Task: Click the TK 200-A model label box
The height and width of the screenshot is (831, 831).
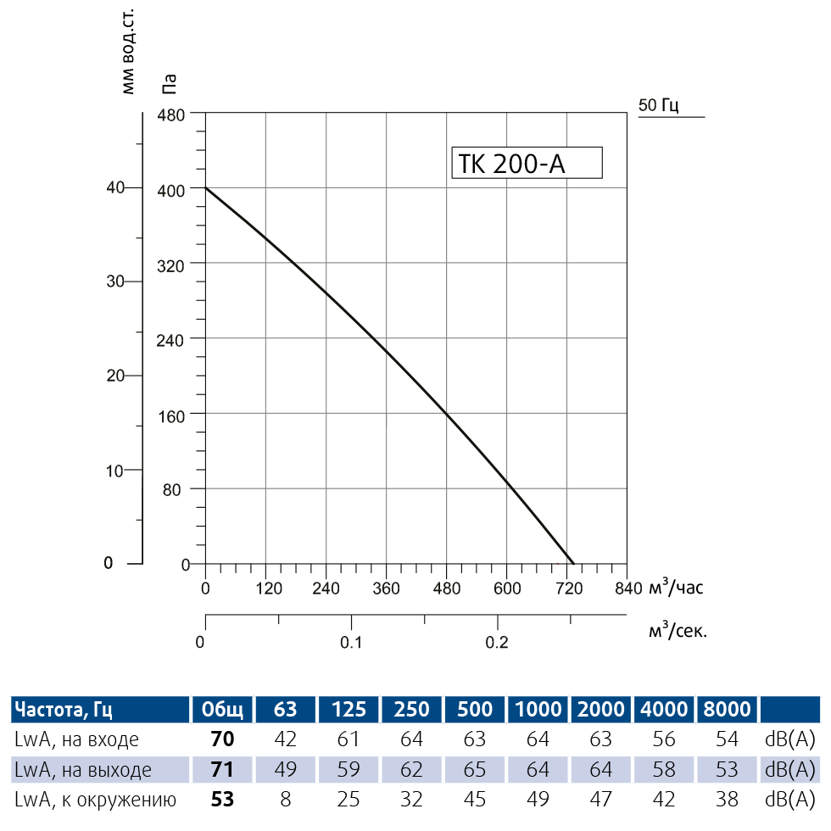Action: point(526,163)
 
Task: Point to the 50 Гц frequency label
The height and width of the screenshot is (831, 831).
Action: point(659,105)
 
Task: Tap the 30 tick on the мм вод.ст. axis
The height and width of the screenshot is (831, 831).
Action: point(116,282)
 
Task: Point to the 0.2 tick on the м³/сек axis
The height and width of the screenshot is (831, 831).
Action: point(497,642)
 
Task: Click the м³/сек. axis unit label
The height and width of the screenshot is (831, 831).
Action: point(677,631)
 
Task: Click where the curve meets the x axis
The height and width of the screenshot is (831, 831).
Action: point(573,563)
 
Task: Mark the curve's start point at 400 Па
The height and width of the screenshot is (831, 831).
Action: point(206,187)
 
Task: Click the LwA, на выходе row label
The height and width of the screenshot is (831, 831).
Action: point(83,770)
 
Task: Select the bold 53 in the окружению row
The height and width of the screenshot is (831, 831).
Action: point(222,799)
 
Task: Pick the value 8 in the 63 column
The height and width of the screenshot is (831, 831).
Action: point(286,799)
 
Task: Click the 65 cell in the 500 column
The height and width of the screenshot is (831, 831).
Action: point(475,770)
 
